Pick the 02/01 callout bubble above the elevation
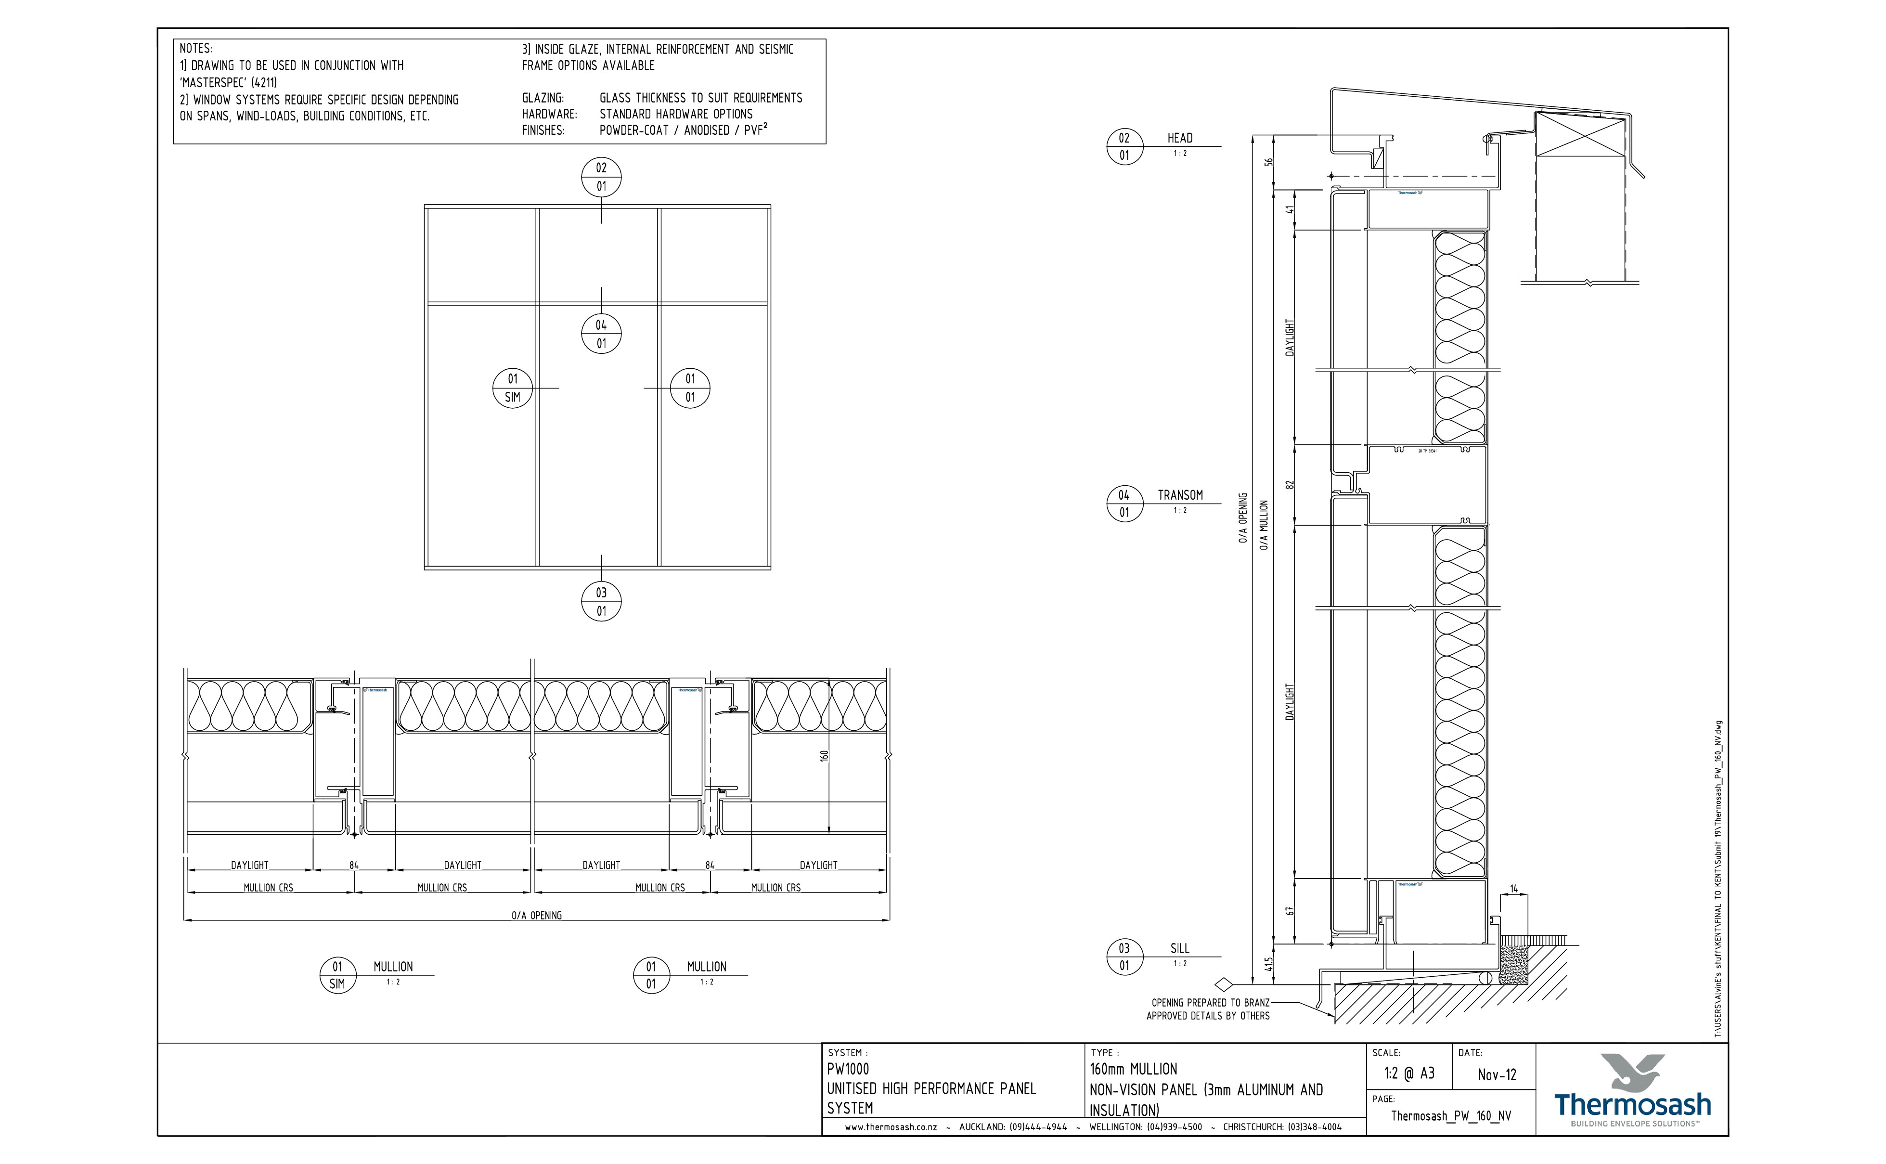pyautogui.click(x=601, y=177)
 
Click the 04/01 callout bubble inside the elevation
pyautogui.click(x=601, y=334)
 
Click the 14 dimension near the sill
pyautogui.click(x=1513, y=889)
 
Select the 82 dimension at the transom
pyautogui.click(x=1290, y=484)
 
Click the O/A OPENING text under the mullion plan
pyautogui.click(x=537, y=915)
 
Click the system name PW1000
pyautogui.click(x=848, y=1069)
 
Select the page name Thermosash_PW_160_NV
pyautogui.click(x=1450, y=1116)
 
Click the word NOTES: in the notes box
pyautogui.click(x=195, y=49)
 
